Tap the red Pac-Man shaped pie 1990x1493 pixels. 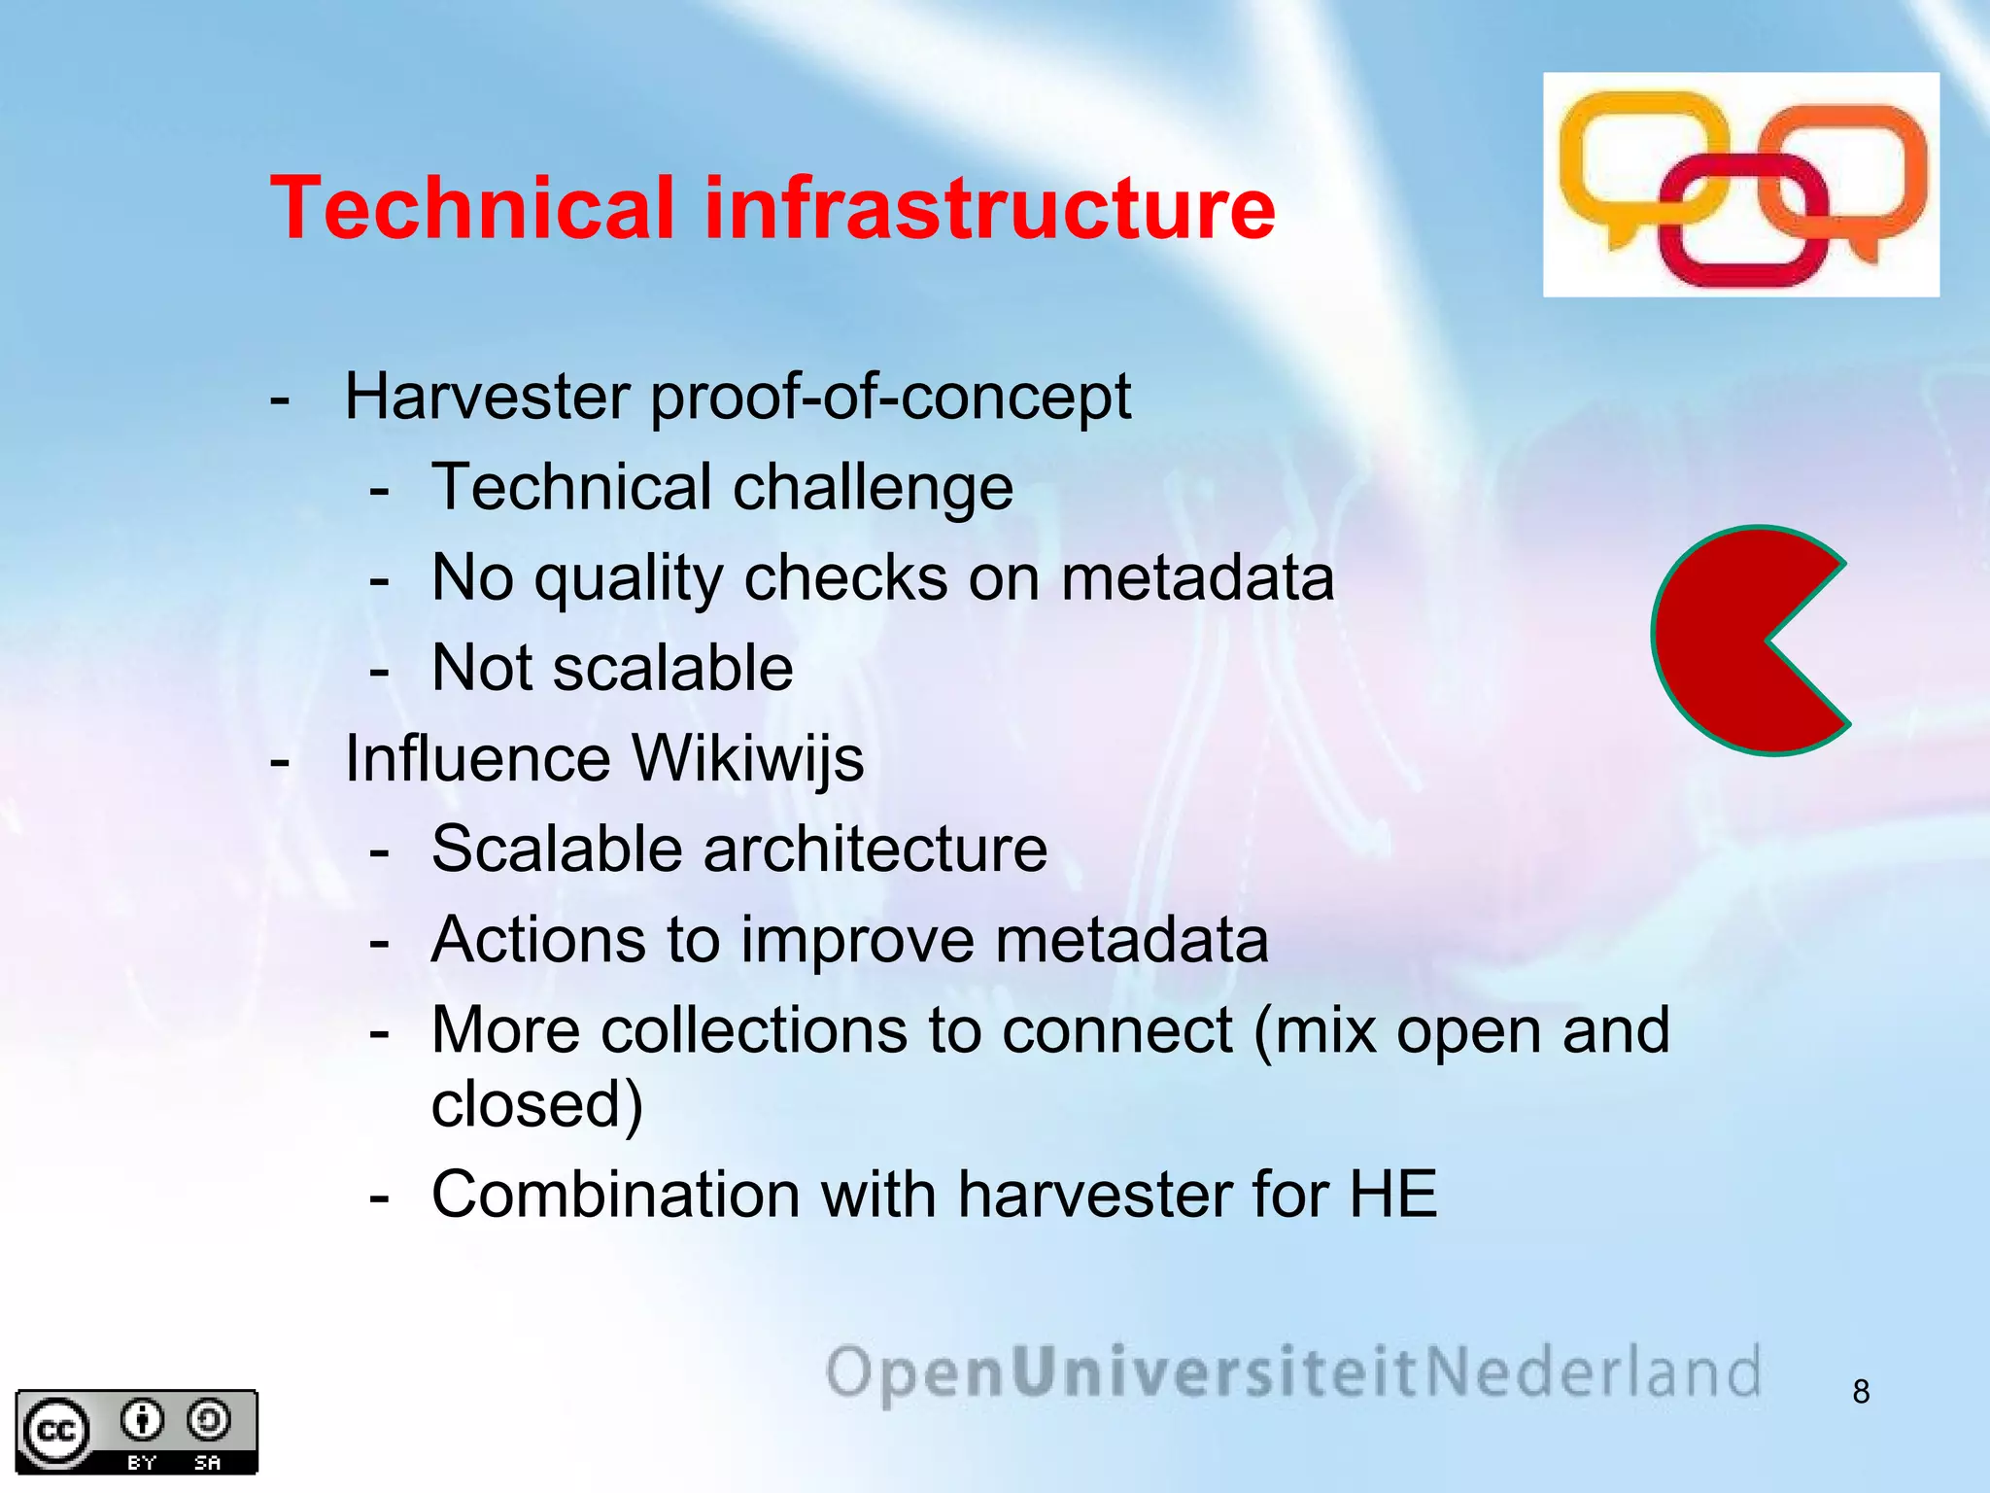(x=1730, y=642)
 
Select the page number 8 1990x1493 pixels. (x=1861, y=1392)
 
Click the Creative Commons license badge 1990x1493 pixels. (x=136, y=1431)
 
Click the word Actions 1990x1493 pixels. (x=538, y=940)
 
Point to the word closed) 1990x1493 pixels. (x=537, y=1104)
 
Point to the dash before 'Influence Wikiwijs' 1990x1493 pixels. (x=280, y=760)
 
